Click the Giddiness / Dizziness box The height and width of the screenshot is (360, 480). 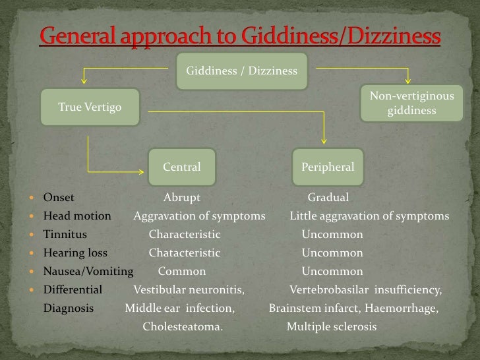tap(241, 71)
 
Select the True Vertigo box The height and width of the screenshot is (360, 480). tap(90, 107)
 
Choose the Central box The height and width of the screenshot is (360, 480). tap(182, 167)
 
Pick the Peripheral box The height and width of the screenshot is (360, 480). tap(328, 167)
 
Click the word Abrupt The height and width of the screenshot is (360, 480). tap(181, 197)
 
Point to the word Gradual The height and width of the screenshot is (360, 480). tap(328, 197)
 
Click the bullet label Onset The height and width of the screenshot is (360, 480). tap(59, 197)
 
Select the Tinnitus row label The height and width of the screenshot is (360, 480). tap(65, 234)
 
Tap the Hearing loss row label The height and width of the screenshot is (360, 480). tap(75, 253)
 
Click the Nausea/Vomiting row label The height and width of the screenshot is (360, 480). tap(88, 271)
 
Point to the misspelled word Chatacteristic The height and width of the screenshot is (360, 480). tap(185, 253)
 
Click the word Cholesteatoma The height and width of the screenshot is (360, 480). tap(183, 326)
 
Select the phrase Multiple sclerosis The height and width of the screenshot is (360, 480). tap(332, 326)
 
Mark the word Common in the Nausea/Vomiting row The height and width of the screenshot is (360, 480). tap(182, 271)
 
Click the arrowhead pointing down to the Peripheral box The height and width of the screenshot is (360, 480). tap(324, 140)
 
